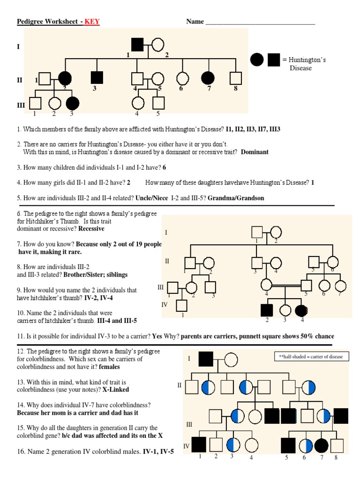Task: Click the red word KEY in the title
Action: [x=92, y=22]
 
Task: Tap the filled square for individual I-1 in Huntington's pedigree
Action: [x=137, y=45]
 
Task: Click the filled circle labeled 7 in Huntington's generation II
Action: [x=208, y=78]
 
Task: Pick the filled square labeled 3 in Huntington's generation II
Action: [x=96, y=78]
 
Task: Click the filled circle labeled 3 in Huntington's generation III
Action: [x=72, y=103]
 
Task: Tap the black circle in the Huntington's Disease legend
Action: [x=257, y=60]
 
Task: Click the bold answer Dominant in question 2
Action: [x=255, y=152]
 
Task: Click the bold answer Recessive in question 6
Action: [x=91, y=229]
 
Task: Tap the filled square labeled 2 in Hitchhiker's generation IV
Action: [x=266, y=310]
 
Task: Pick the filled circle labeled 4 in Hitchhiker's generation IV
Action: [x=301, y=310]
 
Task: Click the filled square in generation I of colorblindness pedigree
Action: [x=206, y=360]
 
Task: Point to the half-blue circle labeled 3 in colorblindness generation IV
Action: [x=233, y=444]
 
